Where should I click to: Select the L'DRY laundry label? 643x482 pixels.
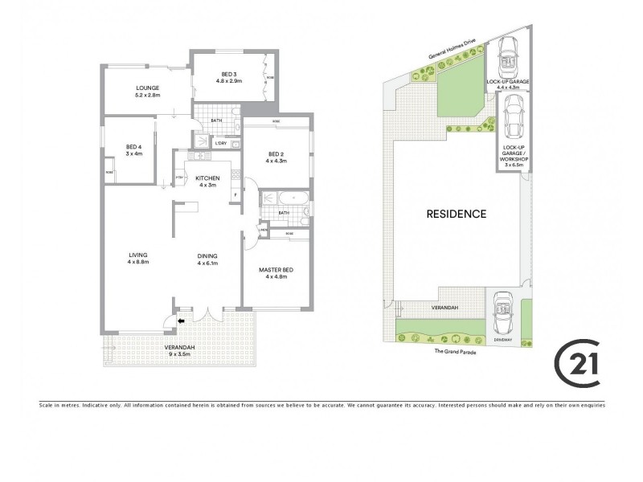tap(220, 143)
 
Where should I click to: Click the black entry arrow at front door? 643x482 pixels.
tap(181, 323)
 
